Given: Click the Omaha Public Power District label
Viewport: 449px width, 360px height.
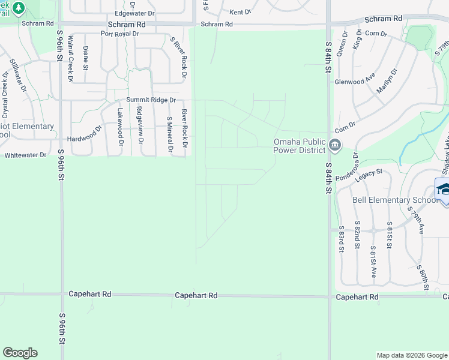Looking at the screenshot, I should click(x=299, y=146).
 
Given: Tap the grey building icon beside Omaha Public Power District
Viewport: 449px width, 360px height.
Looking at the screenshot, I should click(x=335, y=145).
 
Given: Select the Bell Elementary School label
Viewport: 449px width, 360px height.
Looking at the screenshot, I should click(x=395, y=200).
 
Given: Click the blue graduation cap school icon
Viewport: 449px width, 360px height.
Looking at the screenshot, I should click(x=444, y=188).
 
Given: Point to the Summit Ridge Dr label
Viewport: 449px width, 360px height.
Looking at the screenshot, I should click(x=151, y=100).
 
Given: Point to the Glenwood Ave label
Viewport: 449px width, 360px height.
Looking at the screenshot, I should click(x=355, y=82).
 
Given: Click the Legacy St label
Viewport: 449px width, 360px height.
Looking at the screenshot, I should click(x=369, y=173).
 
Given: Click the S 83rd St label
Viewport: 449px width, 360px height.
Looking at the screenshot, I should click(x=342, y=237).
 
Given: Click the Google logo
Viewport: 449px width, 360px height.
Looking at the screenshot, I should click(x=20, y=353).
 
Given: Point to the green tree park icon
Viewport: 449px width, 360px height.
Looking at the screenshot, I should click(x=19, y=8).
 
